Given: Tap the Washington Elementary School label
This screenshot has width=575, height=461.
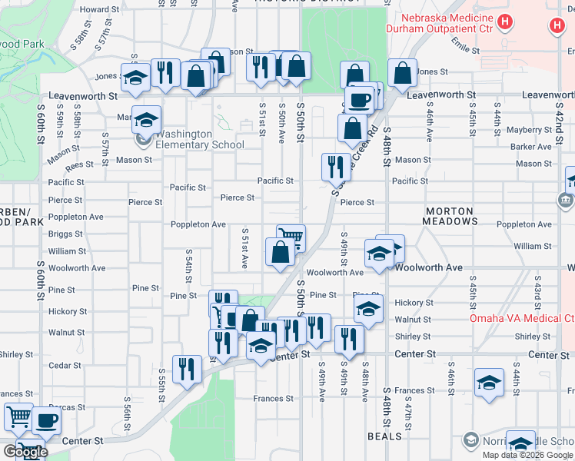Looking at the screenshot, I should (x=200, y=139).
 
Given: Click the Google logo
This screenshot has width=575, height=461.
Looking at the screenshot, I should (x=25, y=452).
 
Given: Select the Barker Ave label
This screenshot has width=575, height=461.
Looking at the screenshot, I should (x=531, y=147).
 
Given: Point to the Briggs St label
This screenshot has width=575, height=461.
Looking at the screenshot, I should (x=65, y=234).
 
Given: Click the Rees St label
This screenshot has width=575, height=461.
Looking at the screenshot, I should (x=79, y=165).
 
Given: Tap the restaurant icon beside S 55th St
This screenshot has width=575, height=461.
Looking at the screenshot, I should (x=188, y=369).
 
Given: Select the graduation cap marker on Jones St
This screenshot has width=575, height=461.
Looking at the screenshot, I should (x=135, y=77).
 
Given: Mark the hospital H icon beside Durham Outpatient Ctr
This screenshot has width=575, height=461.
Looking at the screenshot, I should (x=504, y=22).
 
